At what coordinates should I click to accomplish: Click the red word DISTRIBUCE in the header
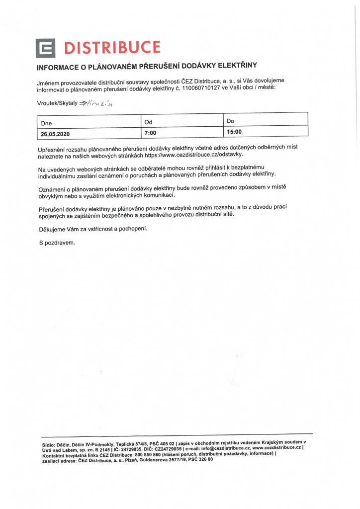113,48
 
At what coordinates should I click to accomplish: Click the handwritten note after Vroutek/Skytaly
99,103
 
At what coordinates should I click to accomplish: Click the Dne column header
47,122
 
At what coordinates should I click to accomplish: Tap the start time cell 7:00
150,133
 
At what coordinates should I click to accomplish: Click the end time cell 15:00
234,132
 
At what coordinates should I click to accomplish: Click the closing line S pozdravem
57,243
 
